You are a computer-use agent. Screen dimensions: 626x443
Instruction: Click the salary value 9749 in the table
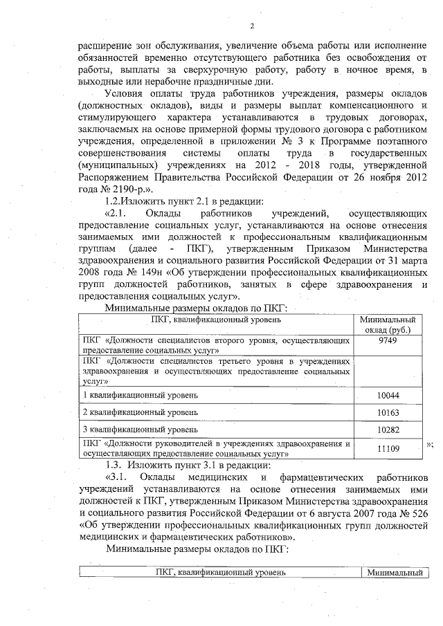tap(388, 341)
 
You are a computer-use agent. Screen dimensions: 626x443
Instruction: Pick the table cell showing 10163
tap(388, 412)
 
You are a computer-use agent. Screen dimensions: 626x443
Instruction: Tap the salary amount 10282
tap(388, 430)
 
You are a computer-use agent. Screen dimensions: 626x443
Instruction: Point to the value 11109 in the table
tap(388, 449)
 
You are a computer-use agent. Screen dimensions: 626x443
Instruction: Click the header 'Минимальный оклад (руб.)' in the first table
tap(388, 324)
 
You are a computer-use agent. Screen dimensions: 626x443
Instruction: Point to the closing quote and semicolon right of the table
tap(430, 443)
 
